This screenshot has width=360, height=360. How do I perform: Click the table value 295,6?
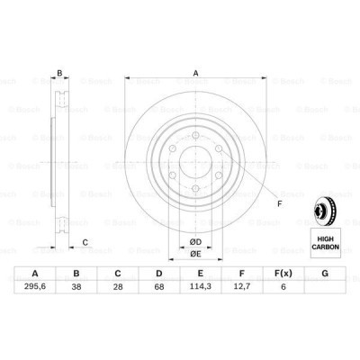(35, 286)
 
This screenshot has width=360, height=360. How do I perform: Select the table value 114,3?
(201, 286)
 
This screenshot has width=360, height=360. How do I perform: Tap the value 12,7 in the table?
(242, 286)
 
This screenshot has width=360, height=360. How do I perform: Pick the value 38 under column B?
(76, 286)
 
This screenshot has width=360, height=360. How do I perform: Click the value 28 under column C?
(118, 286)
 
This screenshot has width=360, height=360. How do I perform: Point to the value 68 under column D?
(159, 286)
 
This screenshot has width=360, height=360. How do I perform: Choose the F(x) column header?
(283, 274)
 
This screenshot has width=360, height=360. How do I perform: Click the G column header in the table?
(325, 274)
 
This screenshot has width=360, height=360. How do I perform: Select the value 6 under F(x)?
(283, 286)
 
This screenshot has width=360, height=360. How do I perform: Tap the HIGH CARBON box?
(326, 243)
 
